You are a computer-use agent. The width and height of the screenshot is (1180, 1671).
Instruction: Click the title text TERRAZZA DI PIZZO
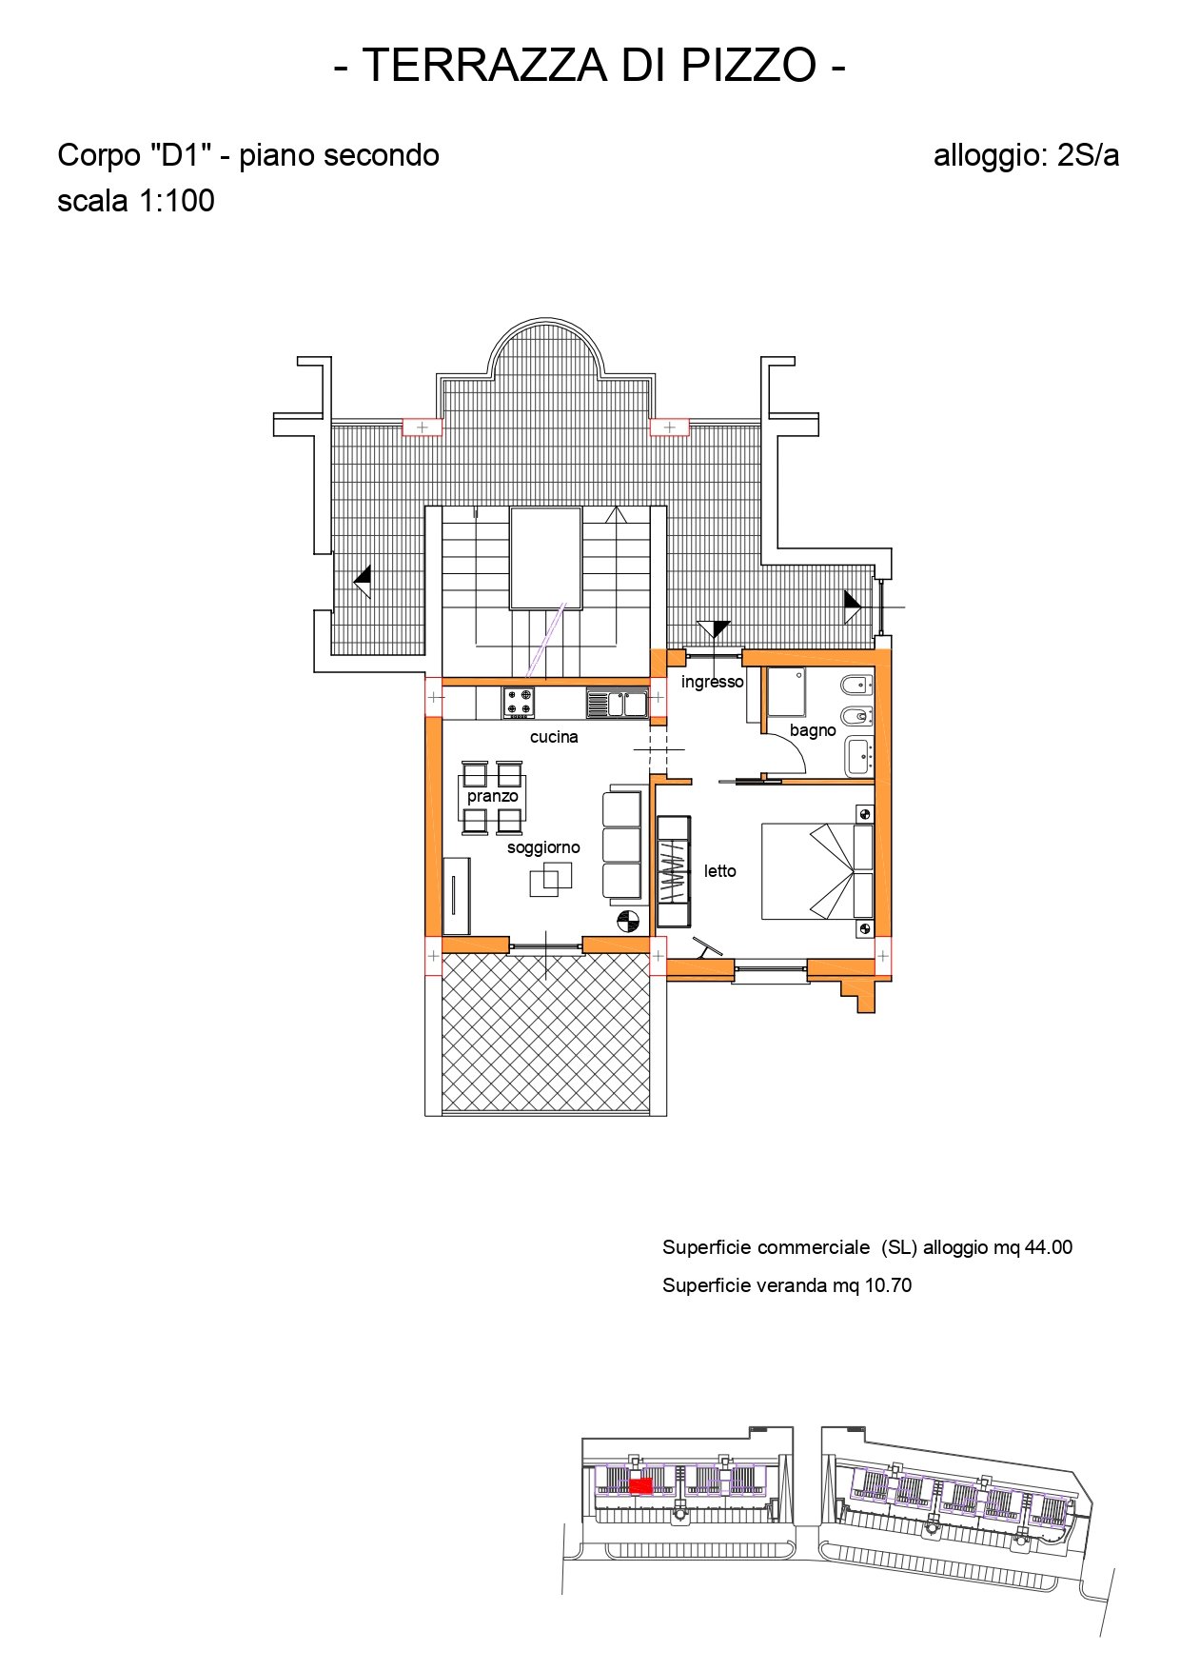590,65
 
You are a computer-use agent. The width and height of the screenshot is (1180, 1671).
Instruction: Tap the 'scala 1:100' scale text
136,201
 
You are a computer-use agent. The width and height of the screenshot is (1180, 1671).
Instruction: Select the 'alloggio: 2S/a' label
1026,156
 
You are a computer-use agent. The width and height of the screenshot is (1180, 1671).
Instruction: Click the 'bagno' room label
813,730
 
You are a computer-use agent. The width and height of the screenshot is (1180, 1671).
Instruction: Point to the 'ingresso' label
712,682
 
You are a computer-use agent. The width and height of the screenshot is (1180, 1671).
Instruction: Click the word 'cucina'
554,737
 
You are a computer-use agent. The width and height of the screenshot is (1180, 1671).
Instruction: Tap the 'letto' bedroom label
720,870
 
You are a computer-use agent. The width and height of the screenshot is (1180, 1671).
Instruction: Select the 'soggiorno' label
543,847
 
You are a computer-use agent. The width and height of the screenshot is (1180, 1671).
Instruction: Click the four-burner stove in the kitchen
519,703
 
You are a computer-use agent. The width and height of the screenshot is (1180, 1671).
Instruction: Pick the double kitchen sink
617,704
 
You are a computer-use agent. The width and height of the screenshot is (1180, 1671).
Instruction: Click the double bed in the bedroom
817,871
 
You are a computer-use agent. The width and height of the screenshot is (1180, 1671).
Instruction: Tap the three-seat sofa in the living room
622,845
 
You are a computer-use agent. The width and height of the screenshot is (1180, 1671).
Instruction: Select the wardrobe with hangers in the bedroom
674,871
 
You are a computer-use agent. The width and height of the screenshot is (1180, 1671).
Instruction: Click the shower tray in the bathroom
787,692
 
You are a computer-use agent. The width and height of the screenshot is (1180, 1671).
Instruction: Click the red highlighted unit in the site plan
640,1485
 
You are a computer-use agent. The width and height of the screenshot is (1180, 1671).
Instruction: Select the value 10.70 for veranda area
888,1285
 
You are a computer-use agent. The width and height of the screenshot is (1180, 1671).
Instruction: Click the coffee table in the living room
551,879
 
